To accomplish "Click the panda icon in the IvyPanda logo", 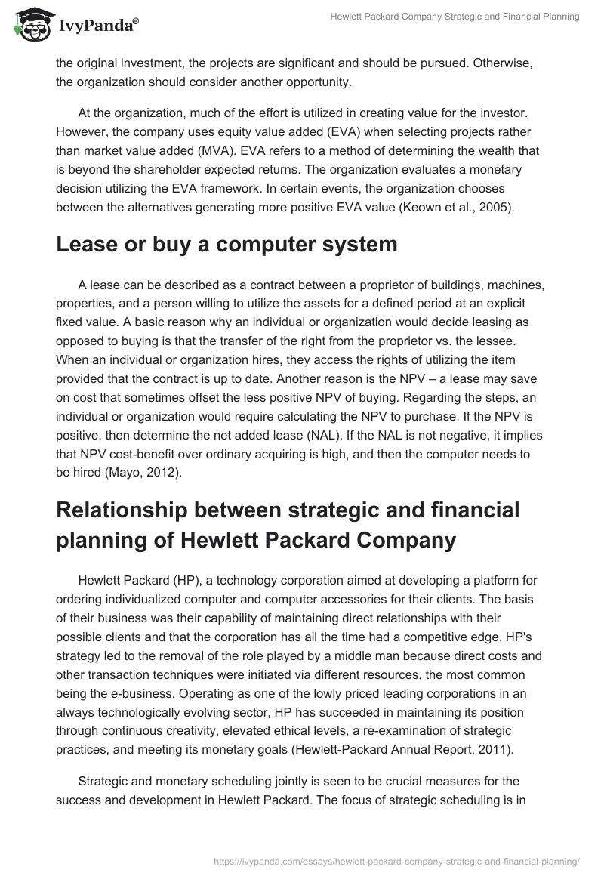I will pyautogui.click(x=29, y=26).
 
